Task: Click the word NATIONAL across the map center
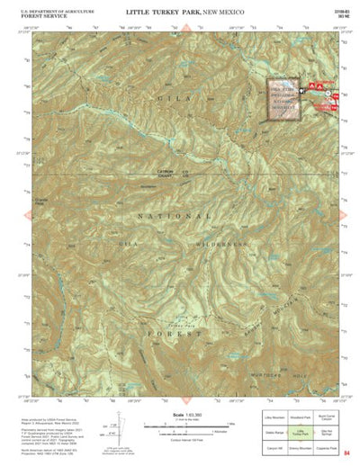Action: pyautogui.click(x=175, y=217)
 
